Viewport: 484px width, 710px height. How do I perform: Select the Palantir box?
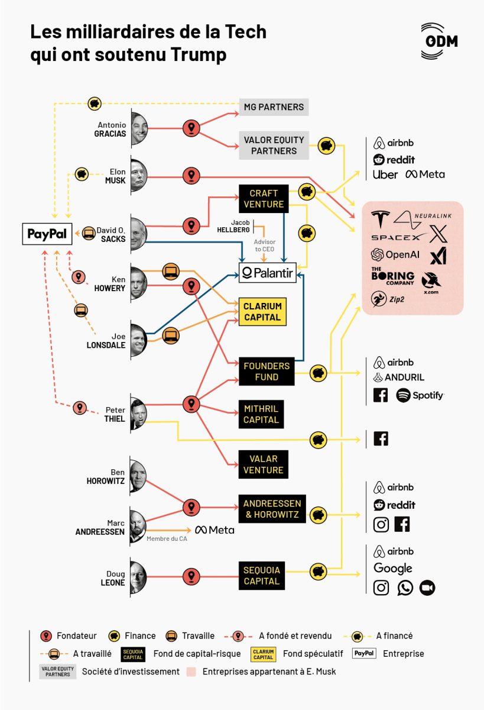click(x=267, y=273)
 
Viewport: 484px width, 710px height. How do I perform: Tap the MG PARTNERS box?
click(x=274, y=107)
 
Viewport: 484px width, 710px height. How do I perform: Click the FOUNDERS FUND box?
click(x=267, y=372)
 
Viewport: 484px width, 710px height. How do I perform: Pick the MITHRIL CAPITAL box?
click(x=261, y=414)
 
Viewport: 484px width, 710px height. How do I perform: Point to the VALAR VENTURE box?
click(x=262, y=464)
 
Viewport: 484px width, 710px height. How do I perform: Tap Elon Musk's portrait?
click(x=138, y=176)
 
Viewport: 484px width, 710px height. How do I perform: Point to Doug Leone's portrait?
click(x=138, y=577)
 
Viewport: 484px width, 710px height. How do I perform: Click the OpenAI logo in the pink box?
click(x=395, y=254)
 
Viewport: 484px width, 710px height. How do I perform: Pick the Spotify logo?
click(x=420, y=395)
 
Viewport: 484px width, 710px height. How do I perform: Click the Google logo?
click(x=393, y=569)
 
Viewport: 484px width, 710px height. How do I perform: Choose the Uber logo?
click(x=385, y=175)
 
